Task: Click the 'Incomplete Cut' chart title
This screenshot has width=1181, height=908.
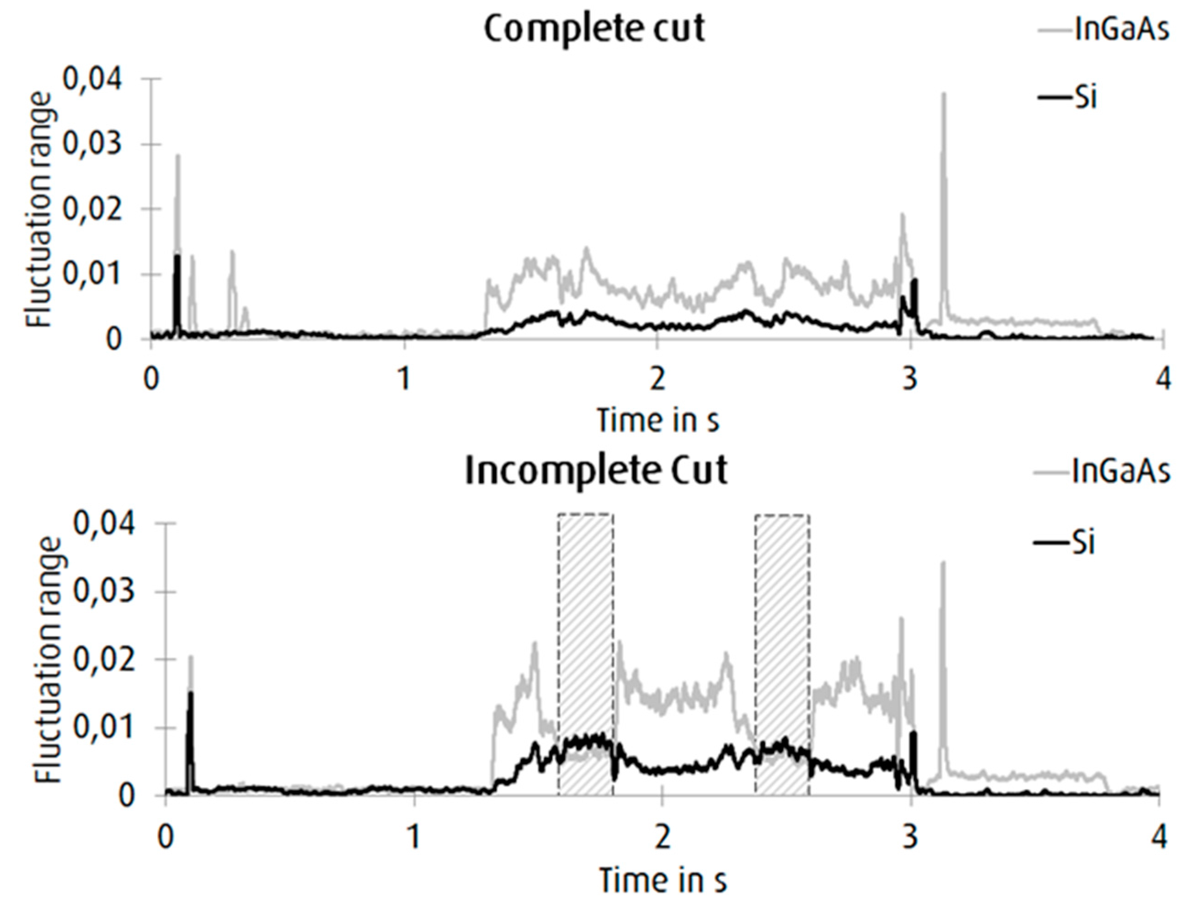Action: click(596, 471)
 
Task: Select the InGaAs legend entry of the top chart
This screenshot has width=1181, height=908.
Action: click(1122, 30)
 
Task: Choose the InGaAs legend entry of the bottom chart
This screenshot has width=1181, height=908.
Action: click(1122, 472)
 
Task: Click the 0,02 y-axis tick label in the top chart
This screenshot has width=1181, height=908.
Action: click(93, 209)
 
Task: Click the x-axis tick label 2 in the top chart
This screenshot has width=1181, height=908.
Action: click(657, 379)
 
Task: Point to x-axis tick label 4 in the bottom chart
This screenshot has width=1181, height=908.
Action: click(1158, 838)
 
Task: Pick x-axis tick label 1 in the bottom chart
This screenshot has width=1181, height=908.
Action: click(414, 838)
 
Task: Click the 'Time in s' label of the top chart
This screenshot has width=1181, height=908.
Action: click(657, 420)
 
